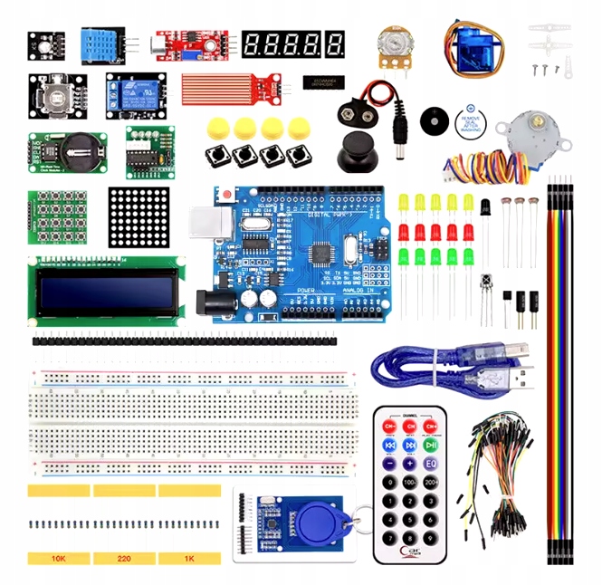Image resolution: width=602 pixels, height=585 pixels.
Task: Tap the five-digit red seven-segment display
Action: [x=292, y=43]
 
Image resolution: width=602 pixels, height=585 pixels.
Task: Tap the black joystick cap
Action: [x=355, y=150]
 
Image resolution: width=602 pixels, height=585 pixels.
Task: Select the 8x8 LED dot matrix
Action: [x=139, y=216]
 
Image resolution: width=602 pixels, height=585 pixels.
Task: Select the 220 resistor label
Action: [x=124, y=559]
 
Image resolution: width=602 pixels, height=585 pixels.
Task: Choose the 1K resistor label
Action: [x=188, y=559]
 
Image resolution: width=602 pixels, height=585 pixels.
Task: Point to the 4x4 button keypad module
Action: [x=57, y=216]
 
